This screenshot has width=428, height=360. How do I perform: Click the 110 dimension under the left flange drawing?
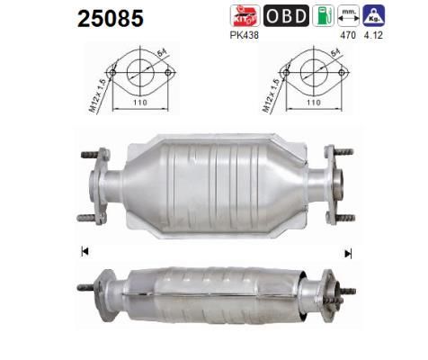137,103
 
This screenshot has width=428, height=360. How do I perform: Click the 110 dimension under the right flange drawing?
309,103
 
